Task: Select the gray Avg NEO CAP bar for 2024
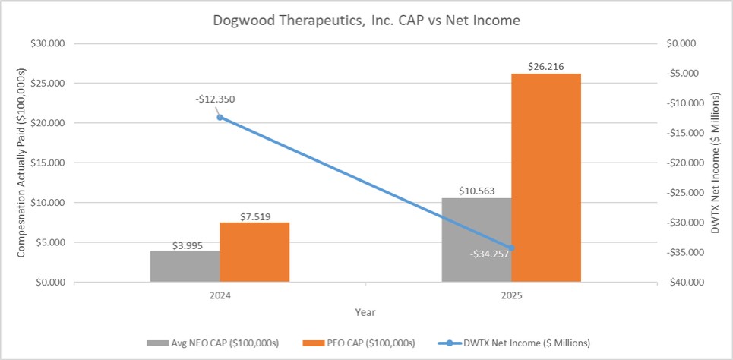(185, 267)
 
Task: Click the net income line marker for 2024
(220, 117)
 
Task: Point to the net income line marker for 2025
(511, 248)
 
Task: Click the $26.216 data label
(546, 66)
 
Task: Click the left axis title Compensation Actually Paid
(22, 163)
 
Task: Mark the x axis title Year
(365, 312)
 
